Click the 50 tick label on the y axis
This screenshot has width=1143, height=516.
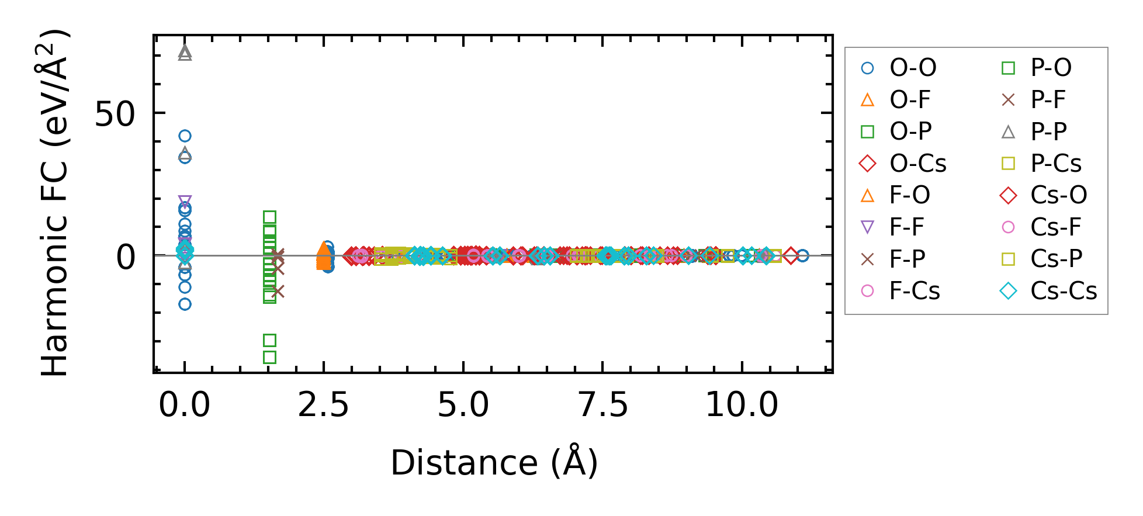tap(115, 114)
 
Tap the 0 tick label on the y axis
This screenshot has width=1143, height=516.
tap(126, 257)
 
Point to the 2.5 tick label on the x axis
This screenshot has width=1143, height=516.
tap(323, 405)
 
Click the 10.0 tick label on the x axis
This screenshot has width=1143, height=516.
tap(742, 405)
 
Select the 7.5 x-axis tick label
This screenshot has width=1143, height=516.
tap(602, 405)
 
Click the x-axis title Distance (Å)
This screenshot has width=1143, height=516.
tap(494, 463)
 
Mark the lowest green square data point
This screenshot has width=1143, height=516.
tap(269, 357)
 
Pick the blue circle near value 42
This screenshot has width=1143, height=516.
tap(185, 136)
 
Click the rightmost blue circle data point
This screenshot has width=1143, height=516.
tap(803, 255)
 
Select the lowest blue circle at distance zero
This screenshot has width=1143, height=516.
tap(185, 304)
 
